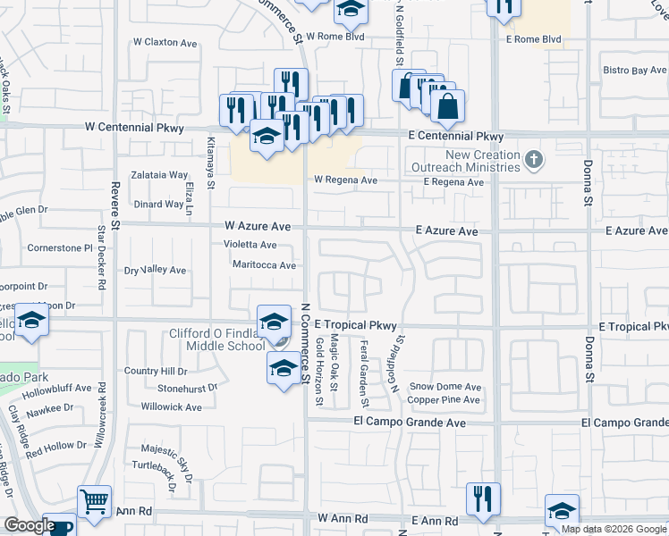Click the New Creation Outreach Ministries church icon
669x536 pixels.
[x=533, y=161]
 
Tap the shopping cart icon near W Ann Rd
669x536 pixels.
[x=94, y=502]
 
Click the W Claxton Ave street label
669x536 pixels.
[x=165, y=42]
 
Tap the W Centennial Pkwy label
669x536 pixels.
[x=133, y=129]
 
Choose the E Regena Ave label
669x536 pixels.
[x=453, y=182]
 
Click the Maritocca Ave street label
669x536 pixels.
[x=264, y=265]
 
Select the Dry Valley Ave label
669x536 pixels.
[x=155, y=270]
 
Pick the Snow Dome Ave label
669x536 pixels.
[x=445, y=387]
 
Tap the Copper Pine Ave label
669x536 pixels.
[x=445, y=399]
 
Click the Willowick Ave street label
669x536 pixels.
[x=172, y=406]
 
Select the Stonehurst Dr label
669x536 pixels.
[x=187, y=389]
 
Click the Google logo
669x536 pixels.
[x=29, y=526]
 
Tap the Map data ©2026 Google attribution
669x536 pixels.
[x=614, y=529]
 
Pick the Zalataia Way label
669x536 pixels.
[x=159, y=175]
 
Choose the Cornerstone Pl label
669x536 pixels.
[x=61, y=247]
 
